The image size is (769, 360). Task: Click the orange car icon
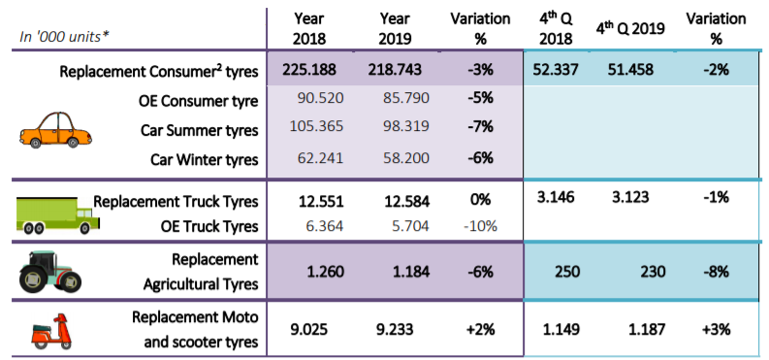55,130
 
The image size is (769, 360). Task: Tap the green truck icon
58,214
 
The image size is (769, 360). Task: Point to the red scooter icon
51,329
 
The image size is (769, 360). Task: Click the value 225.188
309,70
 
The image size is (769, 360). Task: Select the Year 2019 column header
395,29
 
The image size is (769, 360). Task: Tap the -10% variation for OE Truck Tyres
481,226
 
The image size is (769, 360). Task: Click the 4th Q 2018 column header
556,29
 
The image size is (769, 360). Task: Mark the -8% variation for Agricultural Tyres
716,272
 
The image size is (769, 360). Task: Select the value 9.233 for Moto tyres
395,329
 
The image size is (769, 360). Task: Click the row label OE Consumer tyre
198,101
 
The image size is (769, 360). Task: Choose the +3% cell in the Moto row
716,329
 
